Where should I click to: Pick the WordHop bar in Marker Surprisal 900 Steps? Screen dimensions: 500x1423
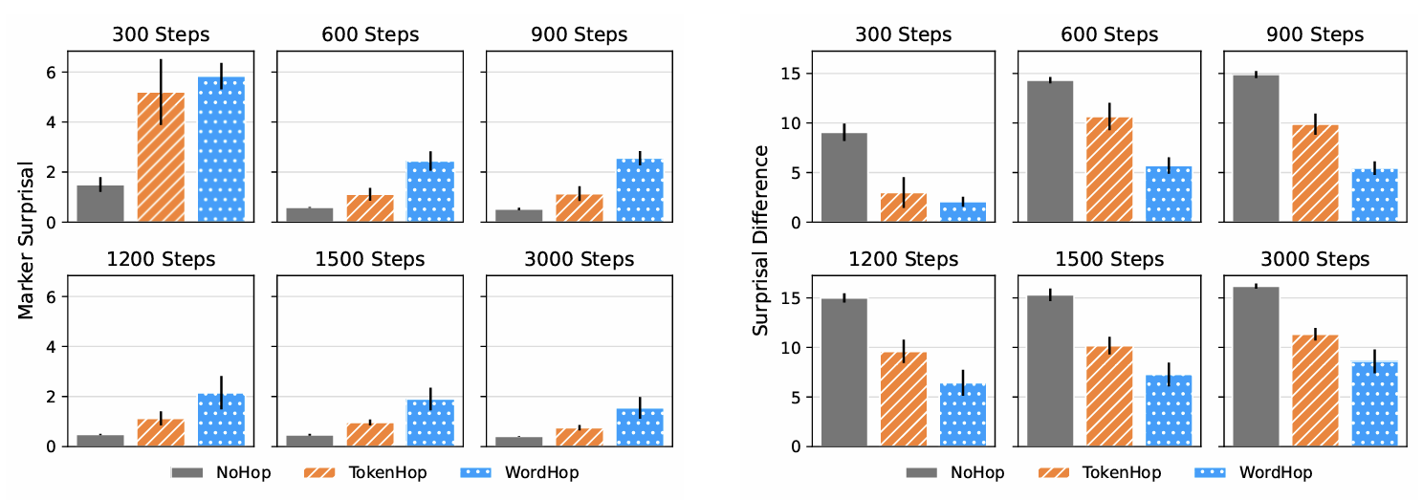point(640,190)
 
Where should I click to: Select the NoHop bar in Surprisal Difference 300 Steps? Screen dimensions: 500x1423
point(843,178)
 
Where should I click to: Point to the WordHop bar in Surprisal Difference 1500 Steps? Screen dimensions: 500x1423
point(1169,411)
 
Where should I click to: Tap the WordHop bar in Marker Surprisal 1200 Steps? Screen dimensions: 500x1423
point(221,420)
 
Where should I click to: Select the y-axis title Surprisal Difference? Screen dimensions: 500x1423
point(761,240)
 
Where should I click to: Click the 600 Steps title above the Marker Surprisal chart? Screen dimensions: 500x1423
point(370,34)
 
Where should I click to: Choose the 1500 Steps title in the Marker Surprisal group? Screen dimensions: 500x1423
point(370,259)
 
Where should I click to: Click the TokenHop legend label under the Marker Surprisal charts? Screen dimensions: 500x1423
point(386,472)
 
